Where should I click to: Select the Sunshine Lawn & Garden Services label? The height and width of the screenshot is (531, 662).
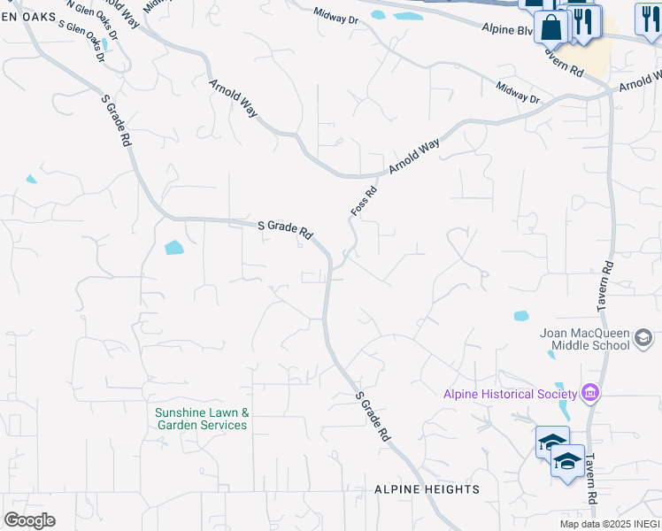coord(201,419)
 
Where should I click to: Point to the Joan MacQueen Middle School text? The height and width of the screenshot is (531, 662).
coord(585,339)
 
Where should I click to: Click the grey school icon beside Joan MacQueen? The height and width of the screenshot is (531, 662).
coord(643,337)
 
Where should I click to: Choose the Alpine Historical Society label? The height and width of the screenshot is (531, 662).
coord(510,394)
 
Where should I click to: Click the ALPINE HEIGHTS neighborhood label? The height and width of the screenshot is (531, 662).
coord(427,489)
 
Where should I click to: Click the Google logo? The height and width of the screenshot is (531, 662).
coord(29,520)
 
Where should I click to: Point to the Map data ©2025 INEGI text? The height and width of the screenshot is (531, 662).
coord(610,524)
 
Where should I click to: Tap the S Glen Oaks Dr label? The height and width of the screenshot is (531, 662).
coord(81,40)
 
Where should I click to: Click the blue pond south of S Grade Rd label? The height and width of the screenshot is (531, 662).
coord(173,248)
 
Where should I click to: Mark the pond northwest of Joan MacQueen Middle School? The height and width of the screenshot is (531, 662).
coord(520,315)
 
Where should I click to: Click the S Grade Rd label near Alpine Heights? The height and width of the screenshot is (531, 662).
coord(372,417)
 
